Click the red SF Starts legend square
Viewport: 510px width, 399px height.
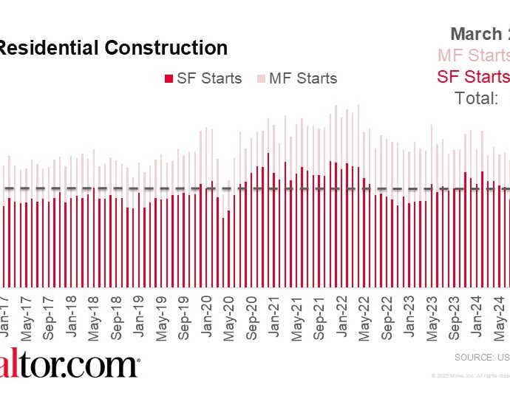[x=169, y=78]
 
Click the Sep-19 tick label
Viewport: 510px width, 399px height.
[x=184, y=316]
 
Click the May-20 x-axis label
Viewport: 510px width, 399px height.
[x=228, y=316]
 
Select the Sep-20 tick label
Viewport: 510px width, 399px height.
[x=251, y=316]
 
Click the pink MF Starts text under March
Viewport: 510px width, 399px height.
[x=474, y=55]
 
